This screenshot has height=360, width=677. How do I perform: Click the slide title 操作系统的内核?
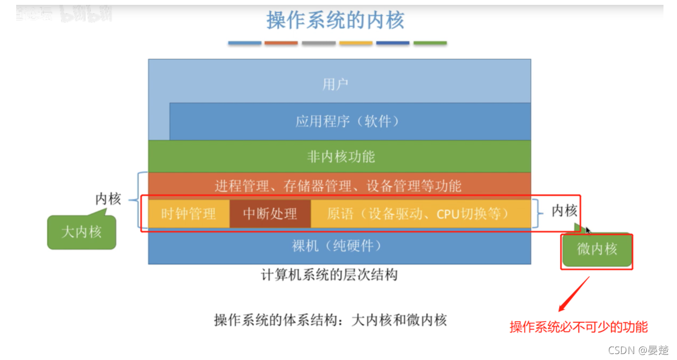(335, 21)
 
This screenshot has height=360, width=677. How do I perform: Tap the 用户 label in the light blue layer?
(335, 84)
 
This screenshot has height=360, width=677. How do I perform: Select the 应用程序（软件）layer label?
(348, 121)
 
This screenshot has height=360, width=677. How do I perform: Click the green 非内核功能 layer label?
(340, 157)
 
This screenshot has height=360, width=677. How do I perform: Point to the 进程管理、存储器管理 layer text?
(338, 186)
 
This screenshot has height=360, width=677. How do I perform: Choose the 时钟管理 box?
(188, 214)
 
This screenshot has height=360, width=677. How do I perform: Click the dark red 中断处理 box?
(270, 214)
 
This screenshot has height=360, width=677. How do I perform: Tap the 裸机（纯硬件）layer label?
(337, 246)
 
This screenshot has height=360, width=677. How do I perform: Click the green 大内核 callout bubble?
(82, 232)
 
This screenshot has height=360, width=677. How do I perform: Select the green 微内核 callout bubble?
(597, 250)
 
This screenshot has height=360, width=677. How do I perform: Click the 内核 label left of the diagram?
(108, 199)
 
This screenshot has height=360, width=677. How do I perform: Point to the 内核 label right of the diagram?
(564, 211)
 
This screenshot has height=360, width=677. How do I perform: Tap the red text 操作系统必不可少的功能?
(578, 327)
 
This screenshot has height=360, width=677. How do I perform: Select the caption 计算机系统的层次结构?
(329, 275)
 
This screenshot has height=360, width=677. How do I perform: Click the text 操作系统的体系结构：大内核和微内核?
(330, 320)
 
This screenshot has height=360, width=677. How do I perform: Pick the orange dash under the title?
(281, 43)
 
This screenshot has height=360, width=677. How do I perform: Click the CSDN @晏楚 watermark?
(638, 350)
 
